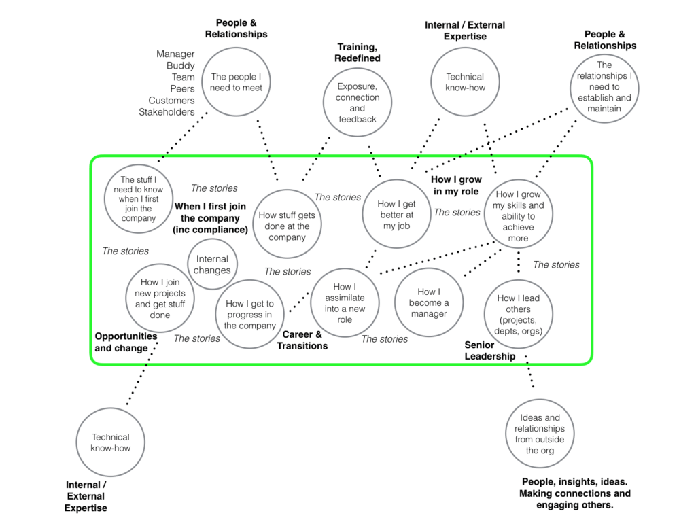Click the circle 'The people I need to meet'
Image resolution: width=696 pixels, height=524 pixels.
237,82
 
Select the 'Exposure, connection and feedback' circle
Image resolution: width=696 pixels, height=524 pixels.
357,103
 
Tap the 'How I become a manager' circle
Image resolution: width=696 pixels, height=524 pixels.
428,302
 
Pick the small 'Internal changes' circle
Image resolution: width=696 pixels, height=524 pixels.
212,264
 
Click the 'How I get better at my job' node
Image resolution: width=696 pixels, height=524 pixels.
396,214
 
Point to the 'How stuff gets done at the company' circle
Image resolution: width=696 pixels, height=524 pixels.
287,224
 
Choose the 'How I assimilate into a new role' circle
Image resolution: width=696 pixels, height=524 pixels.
345,302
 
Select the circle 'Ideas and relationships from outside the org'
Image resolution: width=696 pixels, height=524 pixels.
540,434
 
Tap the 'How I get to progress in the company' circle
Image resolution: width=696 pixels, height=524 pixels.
249,314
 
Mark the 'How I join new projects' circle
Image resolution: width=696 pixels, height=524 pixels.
160,298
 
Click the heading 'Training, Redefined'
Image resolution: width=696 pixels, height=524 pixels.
357,52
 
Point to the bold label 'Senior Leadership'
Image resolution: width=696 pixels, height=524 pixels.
490,350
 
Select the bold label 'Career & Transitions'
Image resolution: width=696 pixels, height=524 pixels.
302,340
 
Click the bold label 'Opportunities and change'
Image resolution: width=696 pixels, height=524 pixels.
126,342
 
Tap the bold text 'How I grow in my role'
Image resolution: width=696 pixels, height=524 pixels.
456,186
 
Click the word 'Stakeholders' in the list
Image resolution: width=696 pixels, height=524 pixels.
167,112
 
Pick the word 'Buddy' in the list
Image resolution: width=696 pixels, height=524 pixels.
180,66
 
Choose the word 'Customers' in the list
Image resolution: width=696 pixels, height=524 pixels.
171,101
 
